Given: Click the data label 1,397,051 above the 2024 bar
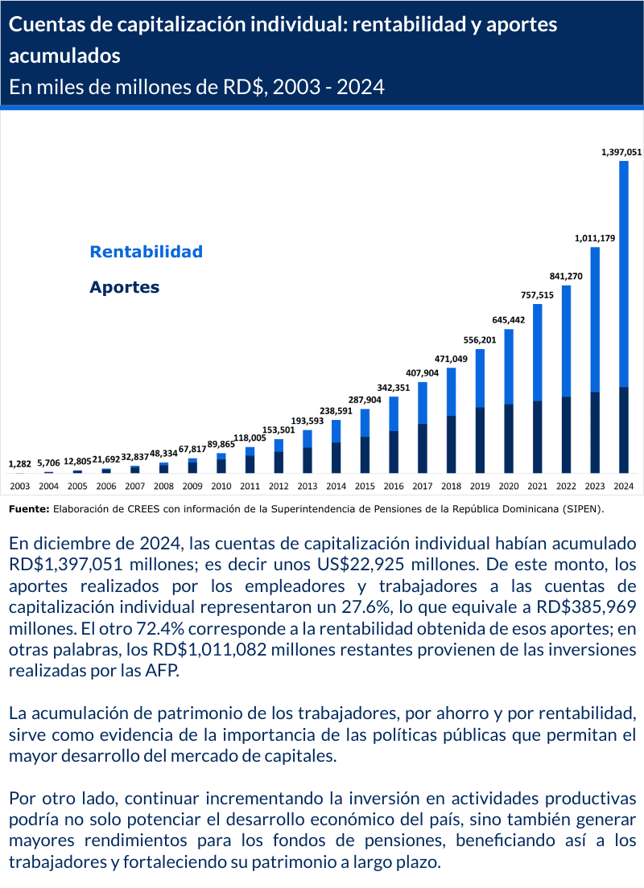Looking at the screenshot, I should click(621, 150).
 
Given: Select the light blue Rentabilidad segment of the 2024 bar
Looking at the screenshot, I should click(623, 273).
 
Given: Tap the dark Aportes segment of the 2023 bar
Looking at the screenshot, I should click(595, 432).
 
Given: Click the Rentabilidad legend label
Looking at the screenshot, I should click(146, 252).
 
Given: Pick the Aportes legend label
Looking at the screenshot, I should click(124, 287).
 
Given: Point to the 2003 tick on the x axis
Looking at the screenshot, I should click(19, 486).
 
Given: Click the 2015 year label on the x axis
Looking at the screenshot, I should click(365, 486).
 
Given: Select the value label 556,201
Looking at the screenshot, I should click(479, 340).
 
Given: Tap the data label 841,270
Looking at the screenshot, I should click(565, 276).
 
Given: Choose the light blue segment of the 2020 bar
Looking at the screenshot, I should click(509, 366).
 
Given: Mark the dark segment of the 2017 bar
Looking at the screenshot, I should click(422, 448).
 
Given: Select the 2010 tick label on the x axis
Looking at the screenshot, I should click(221, 486).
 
